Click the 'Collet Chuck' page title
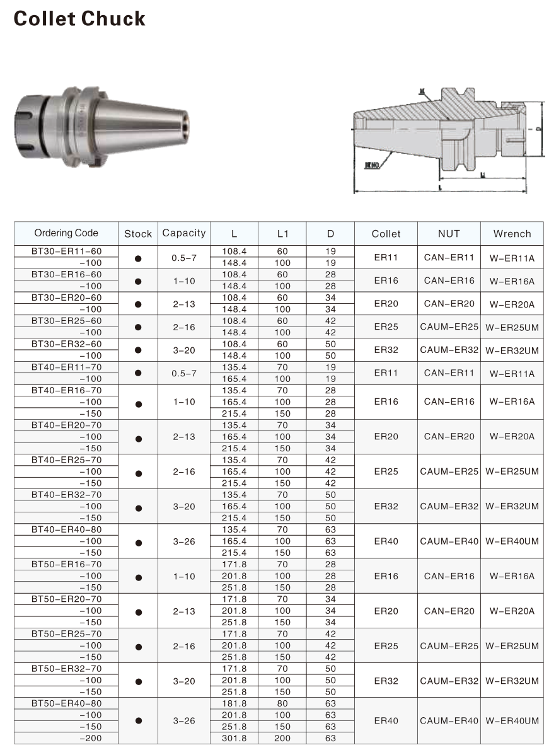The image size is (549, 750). tap(79, 19)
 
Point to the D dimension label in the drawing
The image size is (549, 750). tap(538, 129)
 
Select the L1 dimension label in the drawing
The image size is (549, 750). tap(482, 176)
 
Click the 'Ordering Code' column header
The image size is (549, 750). tap(66, 233)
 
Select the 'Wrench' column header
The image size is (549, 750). tap(512, 234)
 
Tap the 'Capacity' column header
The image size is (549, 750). tap(184, 233)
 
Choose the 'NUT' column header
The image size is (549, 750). tap(449, 234)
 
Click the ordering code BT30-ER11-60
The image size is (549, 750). tap(66, 251)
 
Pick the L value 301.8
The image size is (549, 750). tap(234, 738)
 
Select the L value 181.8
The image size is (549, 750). tap(234, 703)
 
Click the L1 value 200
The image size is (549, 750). tap(282, 738)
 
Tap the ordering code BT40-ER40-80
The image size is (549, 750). tap(66, 529)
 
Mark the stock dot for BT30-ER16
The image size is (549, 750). tap(138, 280)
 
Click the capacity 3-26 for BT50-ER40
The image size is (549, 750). tap(184, 720)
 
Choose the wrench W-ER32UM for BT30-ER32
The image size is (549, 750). tap(512, 350)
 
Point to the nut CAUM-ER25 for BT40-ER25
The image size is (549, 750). tap(449, 471)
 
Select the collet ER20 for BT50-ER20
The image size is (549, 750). tap(386, 611)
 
